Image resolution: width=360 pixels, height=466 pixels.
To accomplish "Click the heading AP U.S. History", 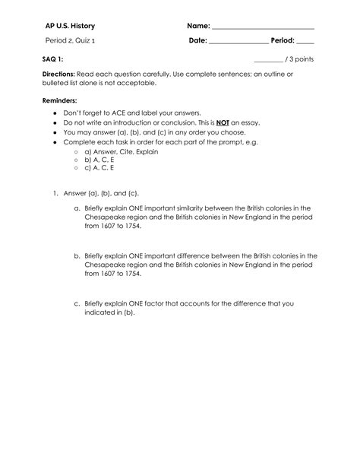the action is tap(69, 27).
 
